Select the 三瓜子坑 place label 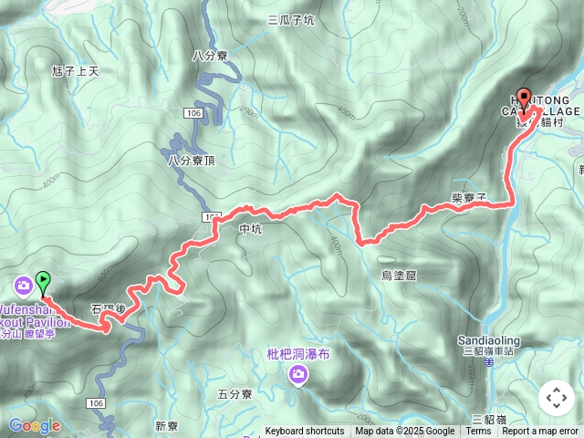(290, 20)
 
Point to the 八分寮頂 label (192, 161)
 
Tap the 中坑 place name (249, 230)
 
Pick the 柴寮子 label (469, 197)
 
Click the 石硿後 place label (108, 310)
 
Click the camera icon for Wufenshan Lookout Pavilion (19, 287)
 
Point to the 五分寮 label (235, 394)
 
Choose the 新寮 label (166, 426)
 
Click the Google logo (34, 425)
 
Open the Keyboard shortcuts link (305, 432)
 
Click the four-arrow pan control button (556, 398)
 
